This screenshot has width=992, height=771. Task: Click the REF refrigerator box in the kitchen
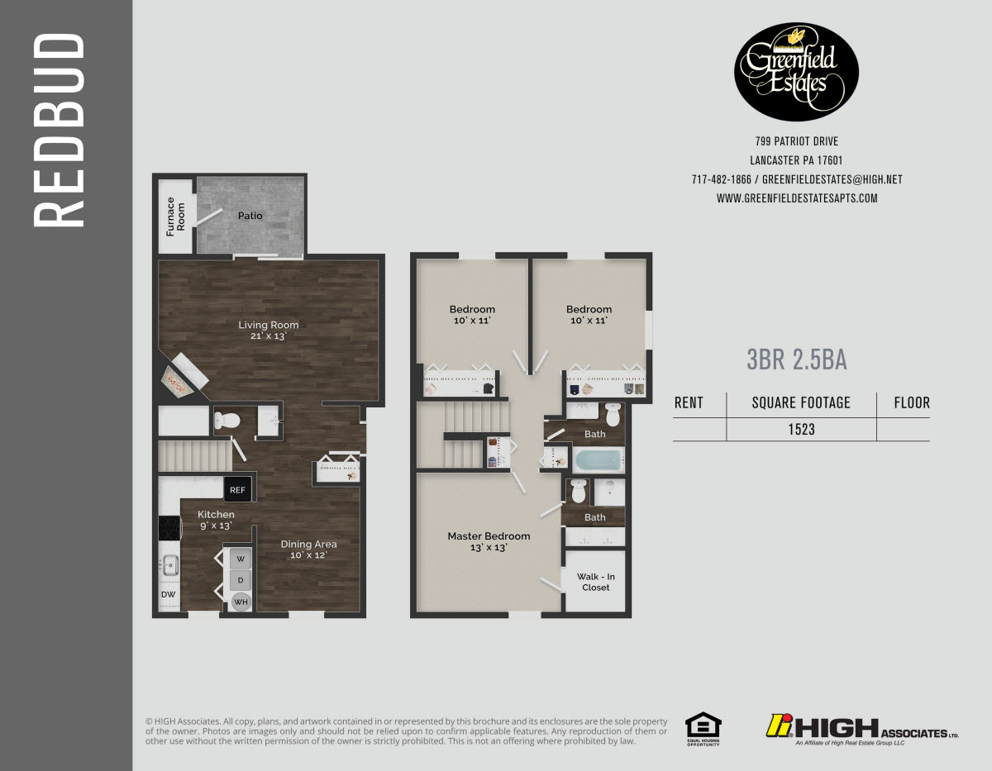[237, 489]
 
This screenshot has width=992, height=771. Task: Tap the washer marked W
[241, 559]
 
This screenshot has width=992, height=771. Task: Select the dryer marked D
[241, 580]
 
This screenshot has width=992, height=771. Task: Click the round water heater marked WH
[241, 602]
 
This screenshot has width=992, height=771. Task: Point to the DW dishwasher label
[168, 594]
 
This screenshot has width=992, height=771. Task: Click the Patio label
[250, 216]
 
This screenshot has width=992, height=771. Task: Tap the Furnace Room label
[175, 216]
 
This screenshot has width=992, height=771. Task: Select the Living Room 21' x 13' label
[269, 330]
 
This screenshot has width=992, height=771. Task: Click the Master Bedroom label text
[489, 541]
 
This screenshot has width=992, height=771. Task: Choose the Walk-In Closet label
[595, 582]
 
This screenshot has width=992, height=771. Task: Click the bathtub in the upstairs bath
[598, 459]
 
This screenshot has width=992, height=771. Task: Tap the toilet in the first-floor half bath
[228, 420]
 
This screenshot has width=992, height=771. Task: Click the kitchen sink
[170, 565]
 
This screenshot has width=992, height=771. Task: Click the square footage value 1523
[800, 430]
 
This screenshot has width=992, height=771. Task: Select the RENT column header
[689, 403]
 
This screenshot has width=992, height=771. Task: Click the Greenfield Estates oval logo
[797, 72]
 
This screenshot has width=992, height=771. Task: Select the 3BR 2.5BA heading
[796, 360]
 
